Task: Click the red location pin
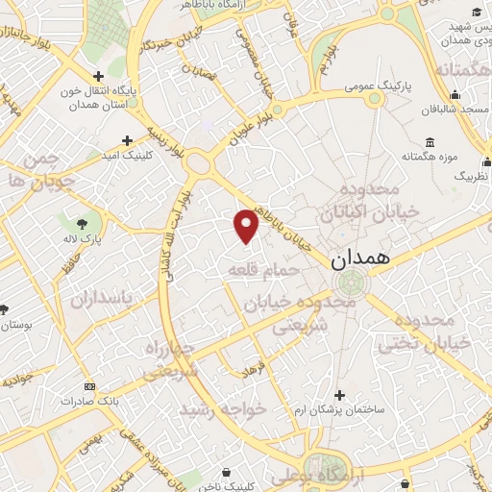tap(247, 225)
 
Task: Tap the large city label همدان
tap(360, 259)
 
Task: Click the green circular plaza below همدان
tap(351, 283)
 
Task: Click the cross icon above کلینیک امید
tap(127, 140)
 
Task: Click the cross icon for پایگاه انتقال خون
tap(98, 76)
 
